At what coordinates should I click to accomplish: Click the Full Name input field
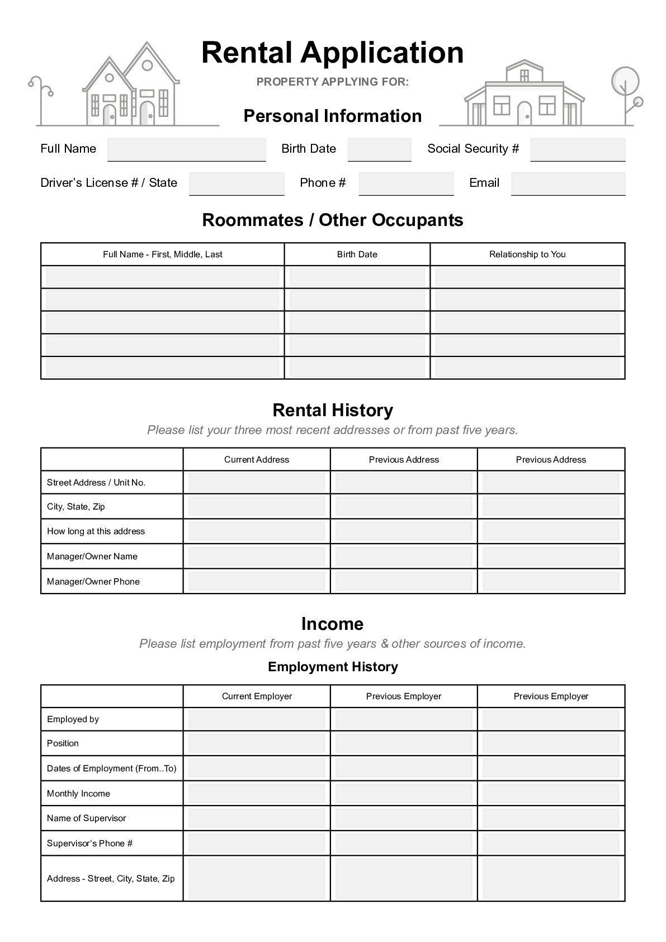click(186, 149)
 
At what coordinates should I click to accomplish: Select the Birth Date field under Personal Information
click(379, 149)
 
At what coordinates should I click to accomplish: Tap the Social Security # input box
click(577, 149)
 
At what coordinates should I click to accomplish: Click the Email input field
click(568, 183)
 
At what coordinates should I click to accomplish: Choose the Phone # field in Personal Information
click(406, 183)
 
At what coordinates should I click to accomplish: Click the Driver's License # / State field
click(237, 183)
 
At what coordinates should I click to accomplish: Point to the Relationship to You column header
click(527, 255)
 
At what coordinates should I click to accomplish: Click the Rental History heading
click(333, 410)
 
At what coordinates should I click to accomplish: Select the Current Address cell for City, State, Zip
click(256, 507)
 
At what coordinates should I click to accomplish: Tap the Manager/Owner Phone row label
click(93, 582)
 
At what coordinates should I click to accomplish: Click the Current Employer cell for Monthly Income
click(256, 794)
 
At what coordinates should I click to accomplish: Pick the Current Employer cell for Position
click(256, 743)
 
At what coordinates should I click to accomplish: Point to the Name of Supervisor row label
click(87, 818)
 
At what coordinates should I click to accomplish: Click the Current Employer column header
click(257, 696)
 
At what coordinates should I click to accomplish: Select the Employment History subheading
click(333, 667)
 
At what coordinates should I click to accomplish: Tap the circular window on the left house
click(147, 65)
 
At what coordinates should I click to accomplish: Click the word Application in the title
click(382, 53)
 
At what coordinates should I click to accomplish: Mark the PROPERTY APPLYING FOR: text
click(333, 82)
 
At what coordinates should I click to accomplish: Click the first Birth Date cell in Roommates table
click(357, 277)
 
